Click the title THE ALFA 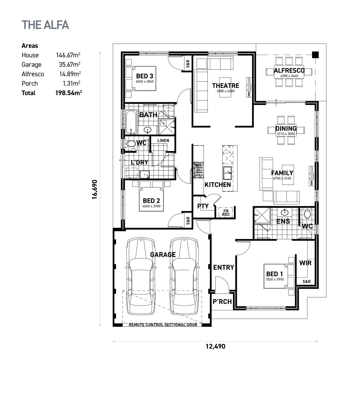45,25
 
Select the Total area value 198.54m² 69,93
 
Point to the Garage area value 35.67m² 70,65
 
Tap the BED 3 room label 144,76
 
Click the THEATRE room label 225,86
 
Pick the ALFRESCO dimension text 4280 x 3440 289,76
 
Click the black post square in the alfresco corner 315,55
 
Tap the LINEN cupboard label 163,140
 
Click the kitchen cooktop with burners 199,170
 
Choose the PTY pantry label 203,206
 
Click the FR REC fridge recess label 226,213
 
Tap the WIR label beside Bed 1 305,263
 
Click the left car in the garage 141,276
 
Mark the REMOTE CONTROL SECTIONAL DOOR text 163,325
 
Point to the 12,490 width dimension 215,346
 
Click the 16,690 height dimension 95,189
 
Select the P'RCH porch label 222,302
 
